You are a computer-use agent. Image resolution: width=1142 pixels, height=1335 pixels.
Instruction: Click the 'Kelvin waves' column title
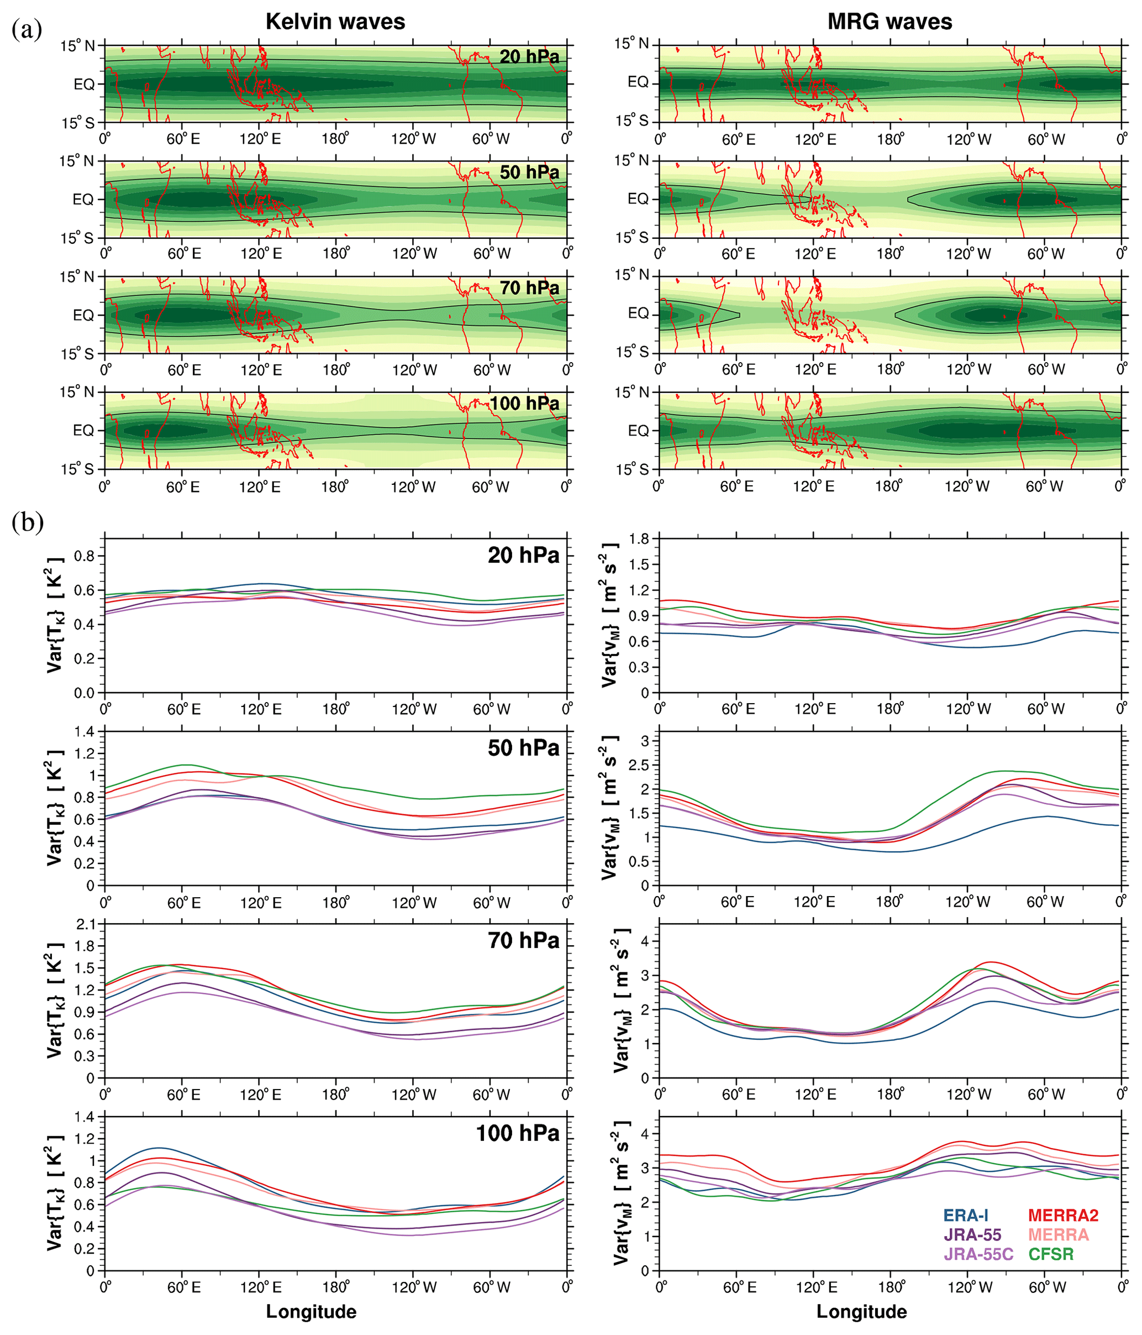click(x=335, y=22)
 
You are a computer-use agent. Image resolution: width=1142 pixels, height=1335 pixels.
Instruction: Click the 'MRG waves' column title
click(x=890, y=22)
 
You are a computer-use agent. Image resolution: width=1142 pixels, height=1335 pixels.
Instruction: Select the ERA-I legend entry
click(x=965, y=1216)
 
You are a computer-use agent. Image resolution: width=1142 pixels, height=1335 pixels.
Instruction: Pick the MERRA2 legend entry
click(x=1063, y=1216)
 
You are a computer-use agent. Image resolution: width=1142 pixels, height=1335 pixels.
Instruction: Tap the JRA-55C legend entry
click(x=978, y=1254)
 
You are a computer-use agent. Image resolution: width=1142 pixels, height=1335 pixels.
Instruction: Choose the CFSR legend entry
click(x=1050, y=1254)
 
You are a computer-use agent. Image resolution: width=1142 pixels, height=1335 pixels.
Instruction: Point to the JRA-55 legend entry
click(x=972, y=1235)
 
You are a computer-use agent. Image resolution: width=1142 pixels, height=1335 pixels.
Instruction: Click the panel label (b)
click(x=27, y=522)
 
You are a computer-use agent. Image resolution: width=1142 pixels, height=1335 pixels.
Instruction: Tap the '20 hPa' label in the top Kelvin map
click(x=529, y=57)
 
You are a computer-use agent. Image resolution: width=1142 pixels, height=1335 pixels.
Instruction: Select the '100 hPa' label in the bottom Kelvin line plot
click(x=517, y=1133)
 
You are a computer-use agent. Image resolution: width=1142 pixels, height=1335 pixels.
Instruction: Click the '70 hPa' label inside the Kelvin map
click(x=529, y=288)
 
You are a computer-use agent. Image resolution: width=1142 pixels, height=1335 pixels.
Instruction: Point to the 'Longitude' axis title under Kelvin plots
click(x=311, y=1312)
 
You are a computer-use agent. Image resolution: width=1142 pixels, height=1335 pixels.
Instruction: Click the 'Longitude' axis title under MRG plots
click(x=861, y=1312)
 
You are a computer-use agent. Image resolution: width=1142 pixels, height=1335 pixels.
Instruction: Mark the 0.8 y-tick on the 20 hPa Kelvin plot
click(x=86, y=556)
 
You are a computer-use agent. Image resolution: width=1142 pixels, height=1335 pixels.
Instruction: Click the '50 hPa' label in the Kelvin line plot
click(x=523, y=748)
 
